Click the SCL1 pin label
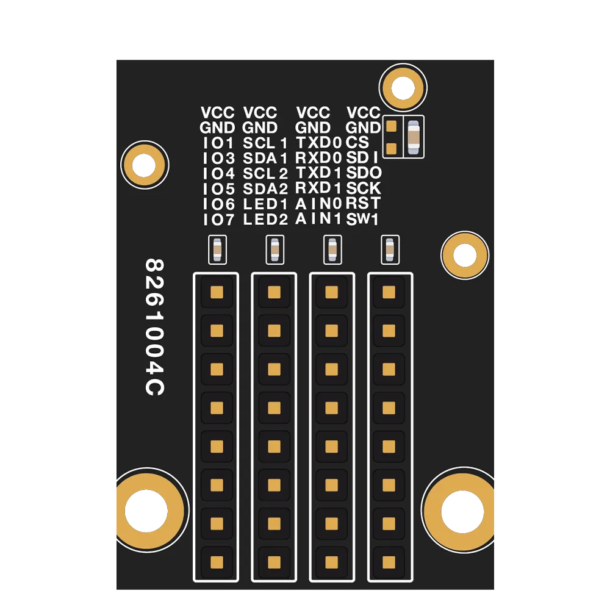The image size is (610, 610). click(x=265, y=143)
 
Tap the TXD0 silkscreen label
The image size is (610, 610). click(x=318, y=143)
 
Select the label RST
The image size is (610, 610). click(x=363, y=203)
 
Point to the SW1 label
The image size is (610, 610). click(x=362, y=219)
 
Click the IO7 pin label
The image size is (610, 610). click(x=218, y=220)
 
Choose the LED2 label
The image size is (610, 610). click(x=265, y=220)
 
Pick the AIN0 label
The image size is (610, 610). click(x=318, y=204)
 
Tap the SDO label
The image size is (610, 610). click(x=364, y=173)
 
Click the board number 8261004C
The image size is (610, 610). click(x=155, y=327)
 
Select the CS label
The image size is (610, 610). click(x=357, y=142)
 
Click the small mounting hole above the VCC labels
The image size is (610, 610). click(x=403, y=87)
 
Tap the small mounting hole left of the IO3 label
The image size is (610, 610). click(x=145, y=165)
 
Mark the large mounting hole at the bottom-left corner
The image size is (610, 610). click(x=147, y=511)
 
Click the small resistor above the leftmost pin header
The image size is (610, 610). click(x=218, y=249)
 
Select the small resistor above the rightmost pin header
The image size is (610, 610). click(x=390, y=249)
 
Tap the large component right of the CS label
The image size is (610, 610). click(x=414, y=137)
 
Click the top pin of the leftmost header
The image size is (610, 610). click(x=217, y=292)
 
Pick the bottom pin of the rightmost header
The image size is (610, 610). click(x=389, y=562)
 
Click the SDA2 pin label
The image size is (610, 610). click(x=265, y=189)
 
